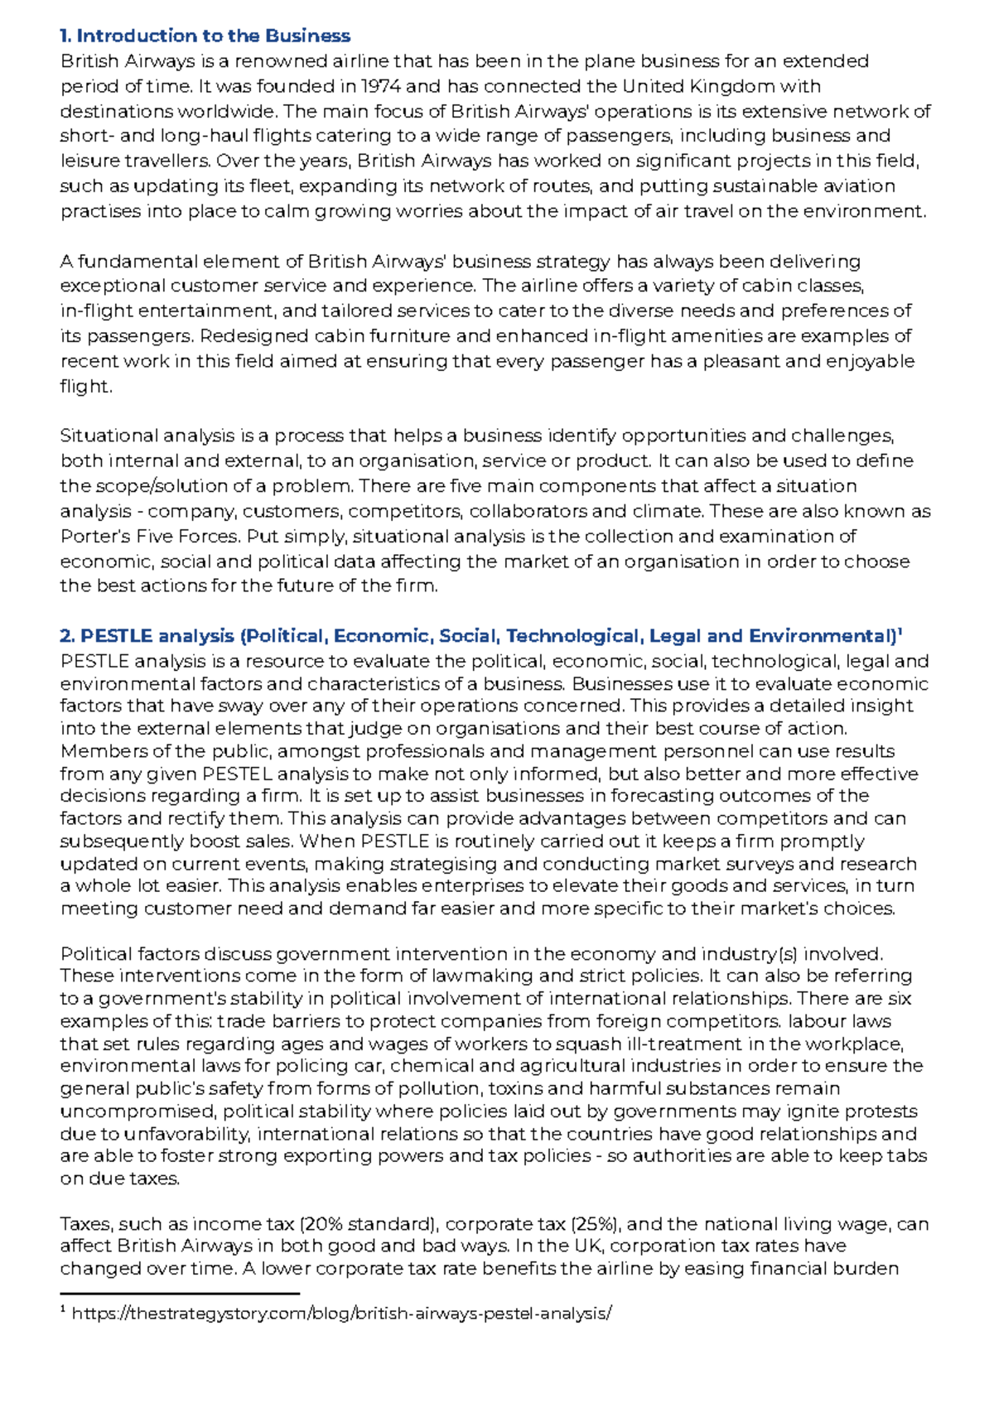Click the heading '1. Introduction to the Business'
pyautogui.click(x=205, y=36)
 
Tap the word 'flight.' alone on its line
pyautogui.click(x=85, y=386)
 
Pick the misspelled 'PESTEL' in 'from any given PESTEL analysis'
pyautogui.click(x=237, y=774)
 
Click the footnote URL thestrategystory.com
pyautogui.click(x=341, y=1313)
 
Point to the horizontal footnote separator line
pyautogui.click(x=180, y=1293)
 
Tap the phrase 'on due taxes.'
pyautogui.click(x=119, y=1179)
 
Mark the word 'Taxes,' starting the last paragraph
pyautogui.click(x=87, y=1224)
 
